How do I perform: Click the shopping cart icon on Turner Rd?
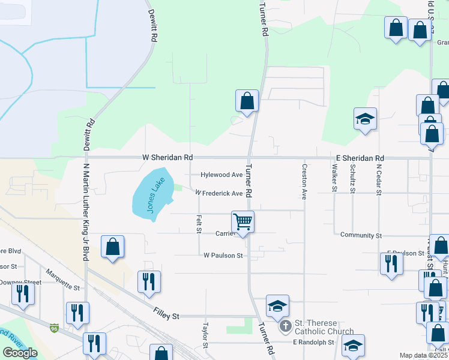point(243,221)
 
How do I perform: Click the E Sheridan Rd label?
point(360,158)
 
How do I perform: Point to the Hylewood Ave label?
point(221,175)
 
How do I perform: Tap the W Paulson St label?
point(223,256)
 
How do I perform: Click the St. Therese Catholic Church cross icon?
point(286,327)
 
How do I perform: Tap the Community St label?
point(361,236)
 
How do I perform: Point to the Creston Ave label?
point(304,182)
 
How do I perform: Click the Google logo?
point(20,353)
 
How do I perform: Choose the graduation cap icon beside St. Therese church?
point(277,305)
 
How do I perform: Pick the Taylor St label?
point(205,336)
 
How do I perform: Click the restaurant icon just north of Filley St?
point(148,281)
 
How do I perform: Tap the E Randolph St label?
point(313,343)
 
